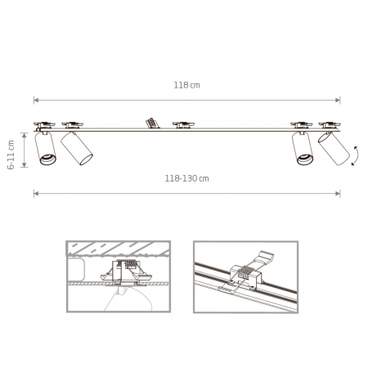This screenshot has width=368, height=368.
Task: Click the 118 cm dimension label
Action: click(186, 85)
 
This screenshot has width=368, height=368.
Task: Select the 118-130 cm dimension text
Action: click(186, 178)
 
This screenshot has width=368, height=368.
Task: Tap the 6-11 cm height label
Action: click(11, 155)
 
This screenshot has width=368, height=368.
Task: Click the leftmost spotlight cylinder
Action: click(45, 148)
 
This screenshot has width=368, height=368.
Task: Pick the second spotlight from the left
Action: click(77, 149)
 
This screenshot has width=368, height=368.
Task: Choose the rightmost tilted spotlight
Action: click(334, 149)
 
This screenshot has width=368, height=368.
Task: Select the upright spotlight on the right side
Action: click(303, 148)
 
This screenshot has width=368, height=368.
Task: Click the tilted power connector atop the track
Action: click(152, 123)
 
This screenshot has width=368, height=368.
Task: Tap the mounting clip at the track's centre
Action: click(183, 125)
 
